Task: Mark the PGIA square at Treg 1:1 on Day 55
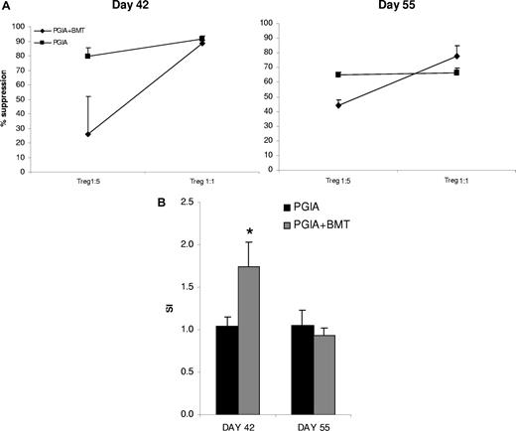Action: pos(455,72)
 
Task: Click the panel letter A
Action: pos(5,7)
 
